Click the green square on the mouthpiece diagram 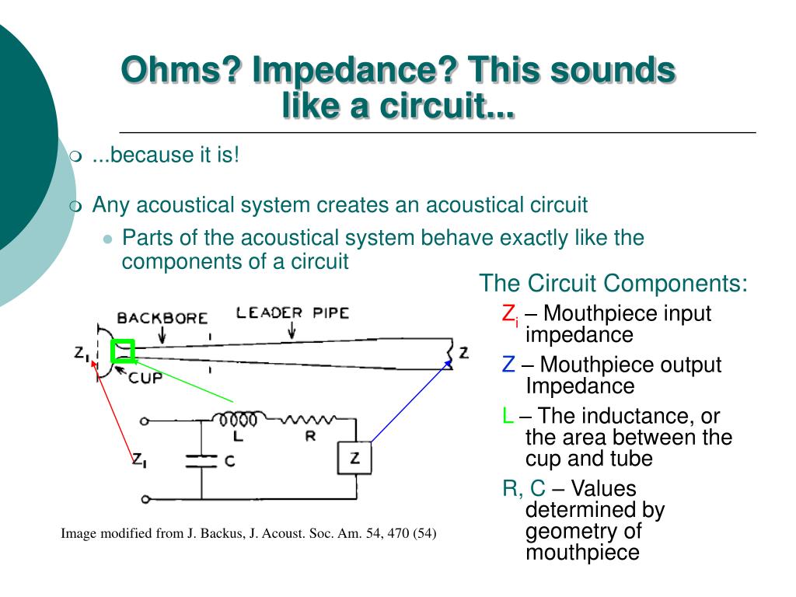pyautogui.click(x=123, y=351)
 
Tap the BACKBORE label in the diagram pyautogui.click(x=162, y=318)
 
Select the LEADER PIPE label pyautogui.click(x=292, y=313)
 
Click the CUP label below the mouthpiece pyautogui.click(x=144, y=378)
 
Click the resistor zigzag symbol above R pyautogui.click(x=309, y=420)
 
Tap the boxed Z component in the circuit pyautogui.click(x=354, y=459)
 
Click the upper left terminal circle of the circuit pyautogui.click(x=144, y=422)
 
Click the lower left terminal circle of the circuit pyautogui.click(x=144, y=498)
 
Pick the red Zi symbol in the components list pyautogui.click(x=510, y=315)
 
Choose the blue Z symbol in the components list pyautogui.click(x=508, y=365)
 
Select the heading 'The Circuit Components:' pyautogui.click(x=613, y=283)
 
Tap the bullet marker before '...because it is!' pyautogui.click(x=75, y=157)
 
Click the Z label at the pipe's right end pyautogui.click(x=464, y=352)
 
